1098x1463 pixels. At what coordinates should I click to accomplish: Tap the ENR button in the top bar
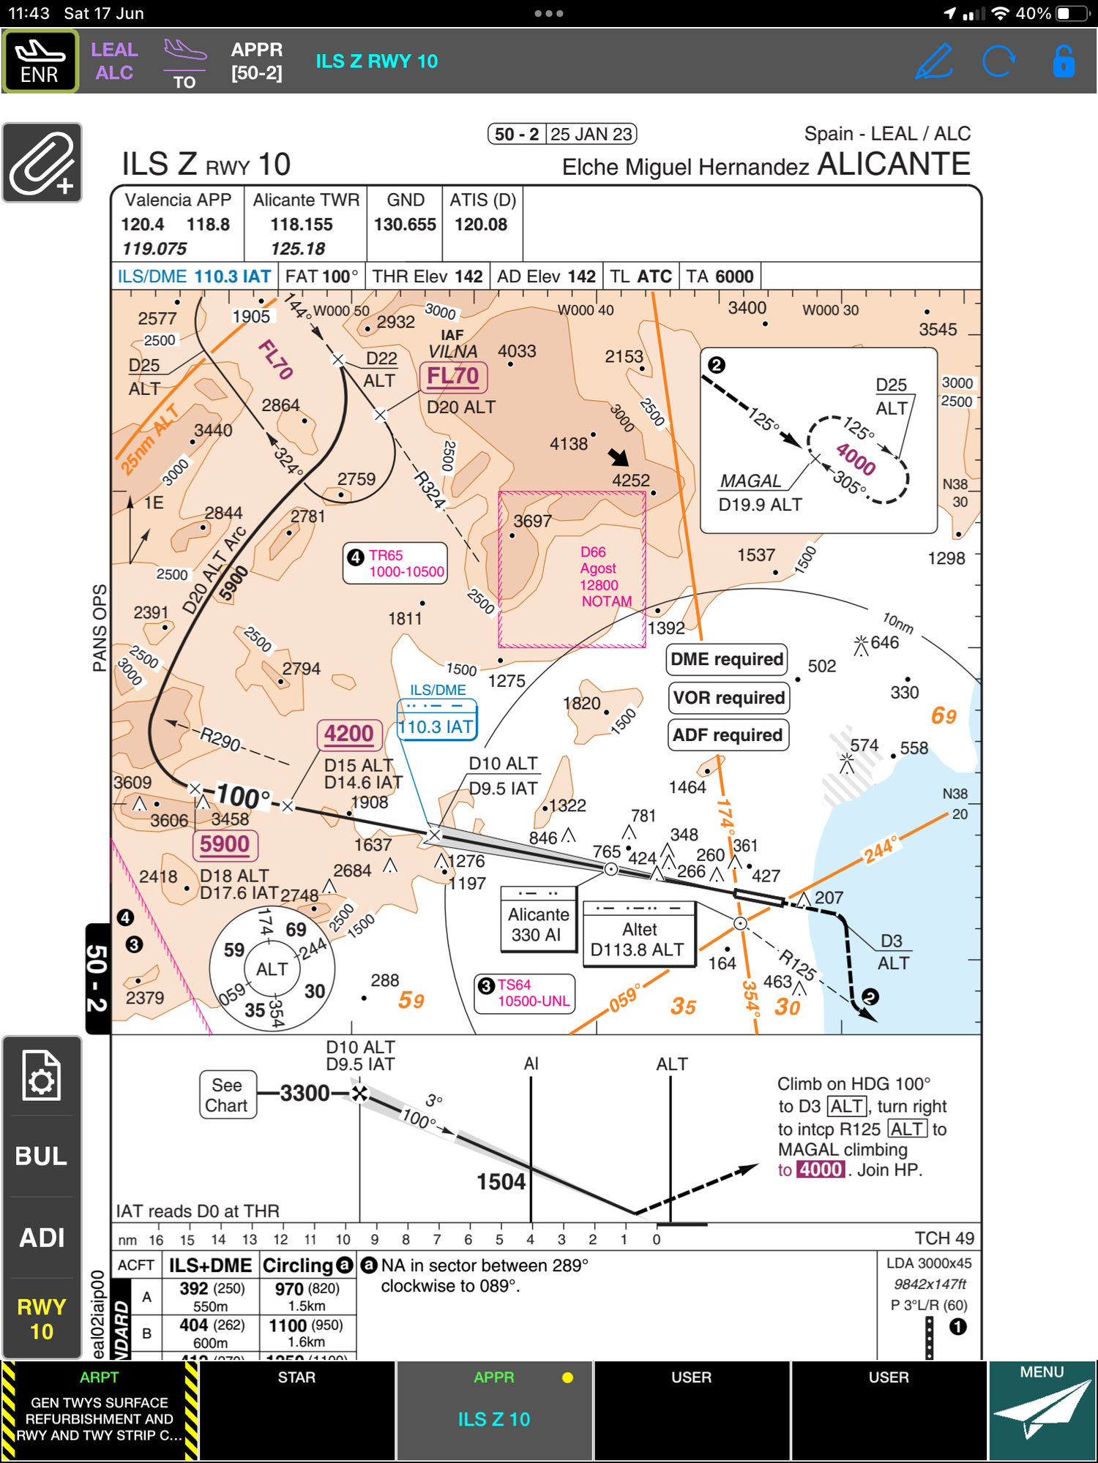pyautogui.click(x=40, y=61)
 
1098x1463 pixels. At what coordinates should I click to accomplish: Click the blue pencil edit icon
pyautogui.click(x=934, y=61)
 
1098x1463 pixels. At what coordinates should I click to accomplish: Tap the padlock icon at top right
pyautogui.click(x=1063, y=61)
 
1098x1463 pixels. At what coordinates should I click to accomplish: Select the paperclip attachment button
pyautogui.click(x=42, y=163)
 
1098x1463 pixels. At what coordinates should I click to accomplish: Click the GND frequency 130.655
pyautogui.click(x=405, y=225)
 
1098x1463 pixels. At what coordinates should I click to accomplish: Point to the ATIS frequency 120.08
pyautogui.click(x=481, y=225)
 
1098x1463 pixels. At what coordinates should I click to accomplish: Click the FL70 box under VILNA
pyautogui.click(x=453, y=377)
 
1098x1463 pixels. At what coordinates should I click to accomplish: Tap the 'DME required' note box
pyautogui.click(x=727, y=660)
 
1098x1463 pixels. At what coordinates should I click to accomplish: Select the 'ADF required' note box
pyautogui.click(x=728, y=735)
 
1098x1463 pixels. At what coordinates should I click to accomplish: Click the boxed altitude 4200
pyautogui.click(x=349, y=734)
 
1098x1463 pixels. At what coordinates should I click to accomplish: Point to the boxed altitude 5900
pyautogui.click(x=225, y=845)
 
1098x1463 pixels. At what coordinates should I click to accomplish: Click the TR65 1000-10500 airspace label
pyautogui.click(x=396, y=563)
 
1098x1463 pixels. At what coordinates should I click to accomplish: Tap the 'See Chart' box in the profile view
pyautogui.click(x=227, y=1095)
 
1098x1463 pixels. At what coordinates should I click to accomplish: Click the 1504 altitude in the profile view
pyautogui.click(x=501, y=1181)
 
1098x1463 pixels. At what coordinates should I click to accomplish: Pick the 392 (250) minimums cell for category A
pyautogui.click(x=211, y=1296)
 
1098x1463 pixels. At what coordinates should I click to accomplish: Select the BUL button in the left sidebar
pyautogui.click(x=42, y=1157)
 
